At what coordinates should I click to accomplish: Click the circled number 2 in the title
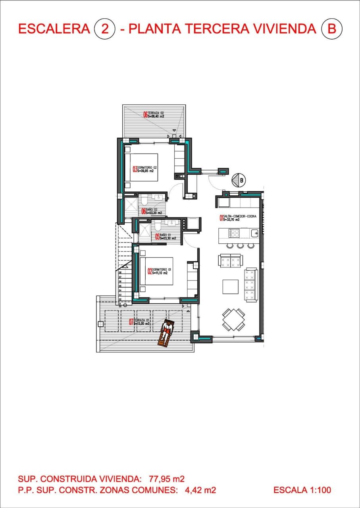pyautogui.click(x=105, y=29)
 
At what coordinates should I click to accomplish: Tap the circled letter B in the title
pyautogui.click(x=331, y=29)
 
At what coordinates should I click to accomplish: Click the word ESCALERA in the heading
pyautogui.click(x=54, y=29)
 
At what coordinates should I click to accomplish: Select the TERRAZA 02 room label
pyautogui.click(x=153, y=115)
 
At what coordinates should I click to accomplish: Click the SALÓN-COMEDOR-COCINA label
pyautogui.click(x=239, y=217)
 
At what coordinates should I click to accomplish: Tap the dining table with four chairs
pyautogui.click(x=233, y=319)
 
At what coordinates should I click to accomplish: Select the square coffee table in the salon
pyautogui.click(x=230, y=287)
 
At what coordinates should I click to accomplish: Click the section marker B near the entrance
pyautogui.click(x=239, y=180)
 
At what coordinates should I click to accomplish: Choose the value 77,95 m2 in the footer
pyautogui.click(x=167, y=479)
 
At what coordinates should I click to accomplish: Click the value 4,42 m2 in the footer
pyautogui.click(x=200, y=491)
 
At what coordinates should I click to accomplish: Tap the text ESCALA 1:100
pyautogui.click(x=302, y=491)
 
